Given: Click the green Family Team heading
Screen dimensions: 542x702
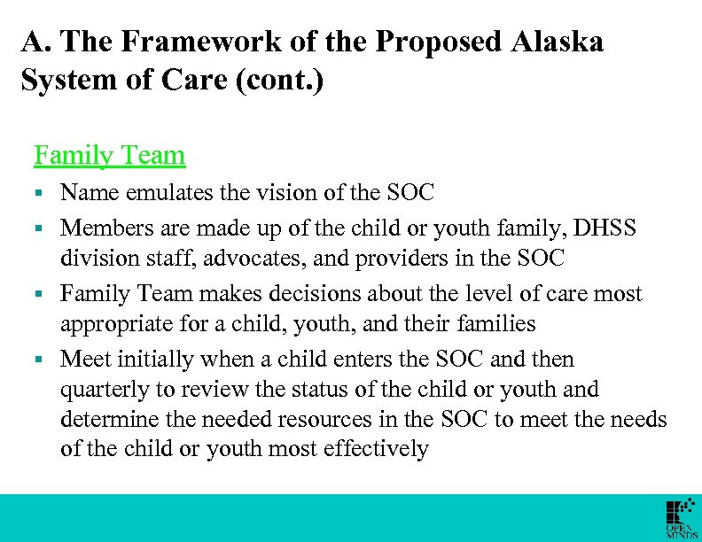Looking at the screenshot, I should coord(109,156).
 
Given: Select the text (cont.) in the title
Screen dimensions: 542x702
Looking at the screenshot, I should coord(283,81).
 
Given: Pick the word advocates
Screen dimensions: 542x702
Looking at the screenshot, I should coord(253,258).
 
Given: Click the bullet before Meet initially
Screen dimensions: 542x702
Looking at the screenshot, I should coord(40,360).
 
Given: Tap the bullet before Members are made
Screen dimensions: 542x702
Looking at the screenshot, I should coord(40,228).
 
